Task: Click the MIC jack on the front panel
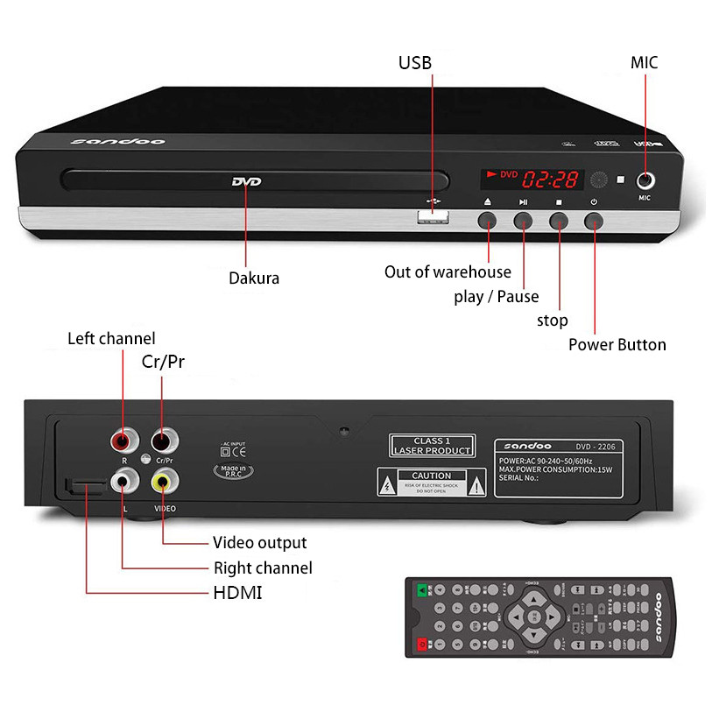647,181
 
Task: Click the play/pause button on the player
524,220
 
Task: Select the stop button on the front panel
559,220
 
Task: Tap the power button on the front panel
595,220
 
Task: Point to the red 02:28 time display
551,180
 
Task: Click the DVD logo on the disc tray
246,182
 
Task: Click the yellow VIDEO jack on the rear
164,481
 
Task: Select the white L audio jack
123,481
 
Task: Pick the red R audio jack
123,439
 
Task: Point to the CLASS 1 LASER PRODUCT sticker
432,446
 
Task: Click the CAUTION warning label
431,482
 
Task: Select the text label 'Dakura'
254,278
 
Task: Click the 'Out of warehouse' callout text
448,271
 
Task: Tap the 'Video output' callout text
260,543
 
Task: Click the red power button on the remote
423,645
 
